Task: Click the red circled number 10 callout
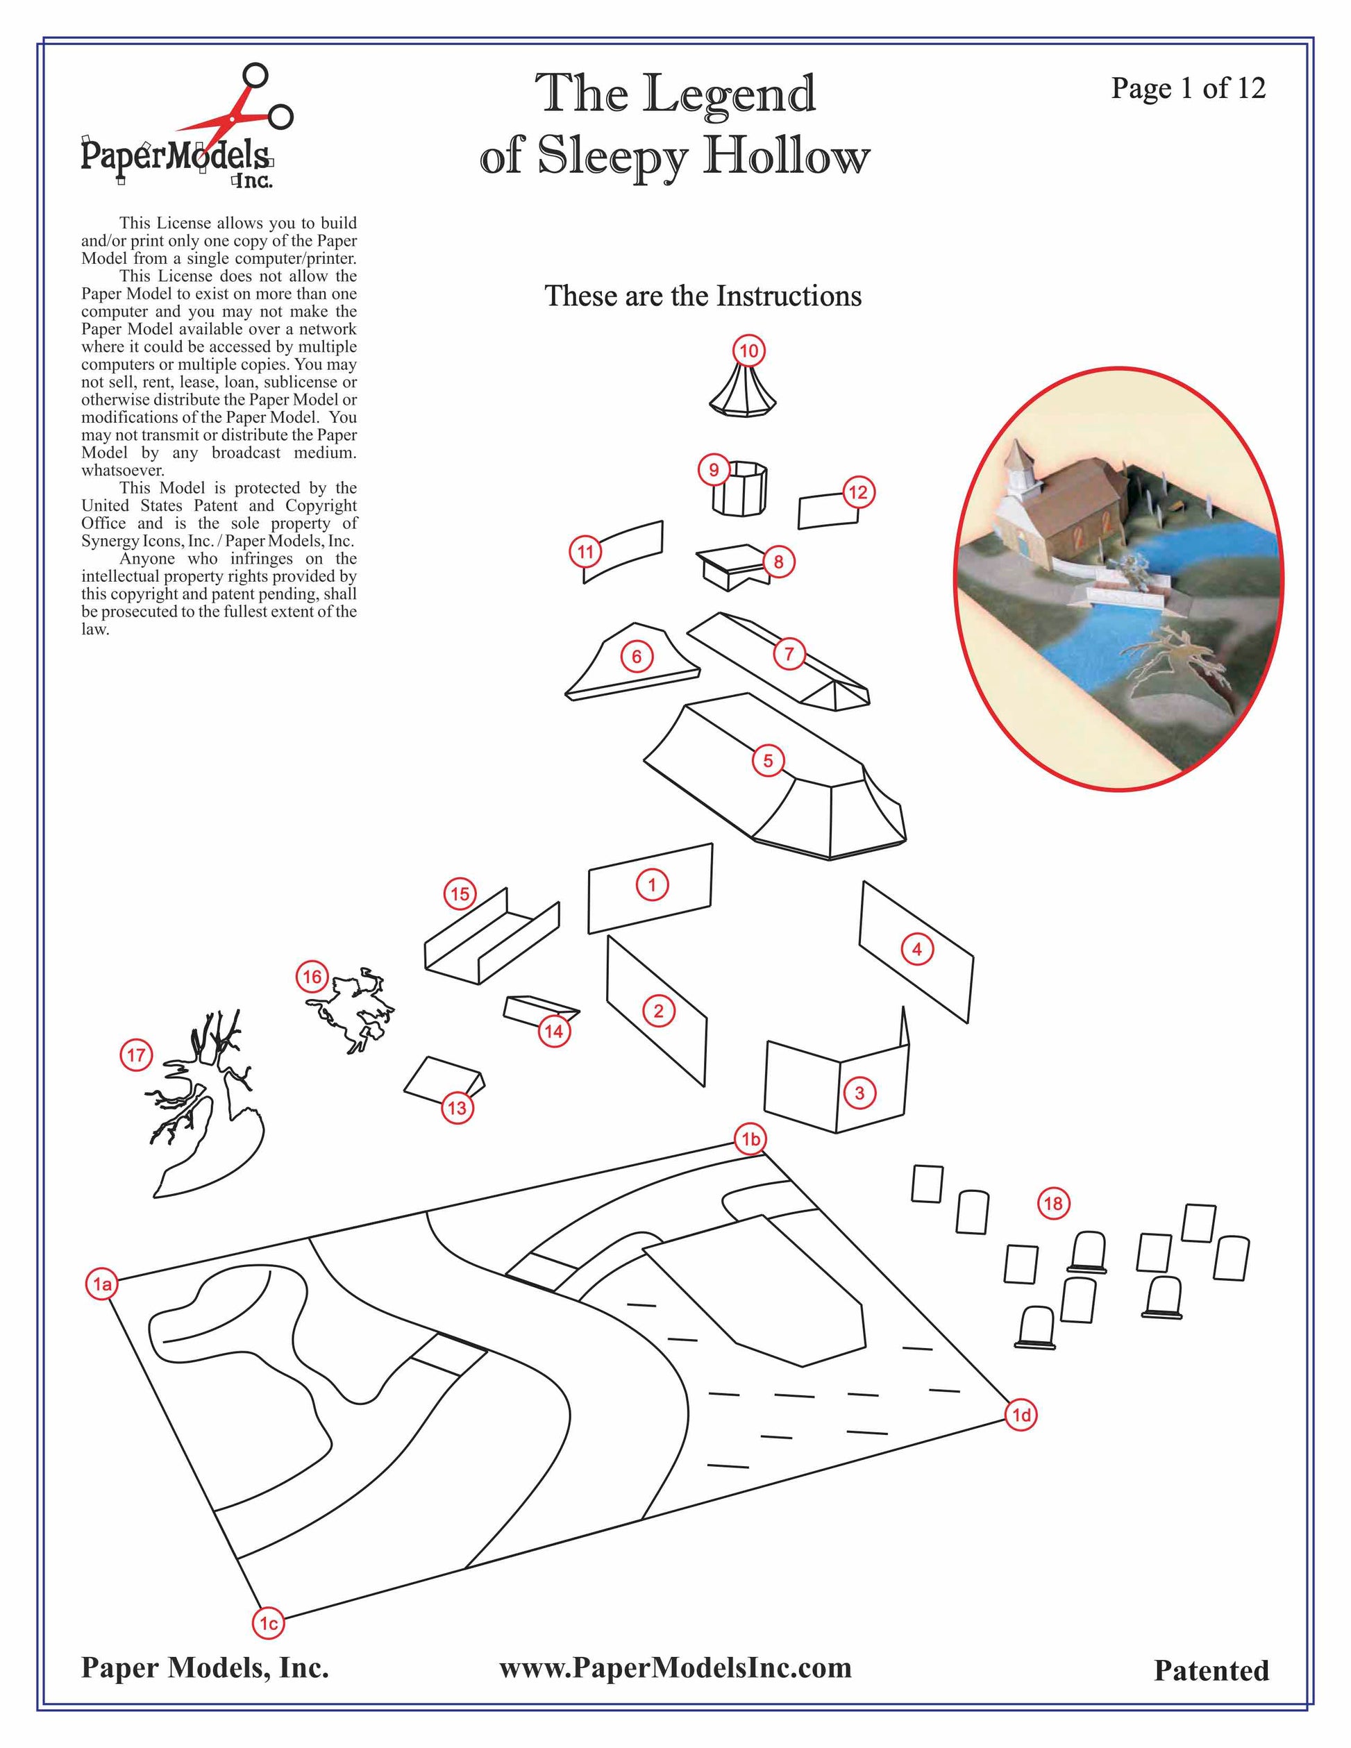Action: [748, 351]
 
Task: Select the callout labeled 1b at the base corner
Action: [750, 1139]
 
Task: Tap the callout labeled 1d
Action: [1021, 1415]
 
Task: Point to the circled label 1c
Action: [269, 1623]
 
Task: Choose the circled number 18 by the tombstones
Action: [1053, 1203]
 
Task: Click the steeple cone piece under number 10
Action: [744, 391]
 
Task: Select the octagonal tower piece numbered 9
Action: [739, 488]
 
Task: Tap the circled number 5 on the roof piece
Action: [768, 759]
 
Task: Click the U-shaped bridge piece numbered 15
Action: [492, 936]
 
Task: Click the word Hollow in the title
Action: [786, 155]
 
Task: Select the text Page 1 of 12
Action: [1188, 88]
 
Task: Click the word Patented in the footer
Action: [1211, 1670]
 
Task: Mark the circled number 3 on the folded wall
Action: [859, 1093]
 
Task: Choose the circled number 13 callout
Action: [457, 1108]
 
